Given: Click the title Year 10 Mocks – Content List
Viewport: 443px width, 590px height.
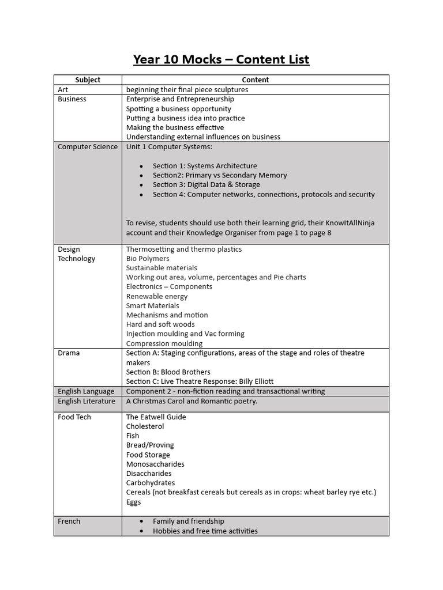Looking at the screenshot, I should click(x=221, y=59).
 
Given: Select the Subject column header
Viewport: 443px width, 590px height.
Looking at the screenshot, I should click(x=88, y=80).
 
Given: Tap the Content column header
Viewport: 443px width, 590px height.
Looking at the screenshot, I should click(x=255, y=80).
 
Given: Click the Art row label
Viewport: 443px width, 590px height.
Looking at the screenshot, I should click(x=63, y=89).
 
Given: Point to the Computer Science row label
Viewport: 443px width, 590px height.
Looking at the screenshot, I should click(x=87, y=146).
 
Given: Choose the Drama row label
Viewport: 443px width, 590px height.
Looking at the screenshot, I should click(x=69, y=353).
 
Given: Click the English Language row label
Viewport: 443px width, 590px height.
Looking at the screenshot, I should click(x=86, y=391).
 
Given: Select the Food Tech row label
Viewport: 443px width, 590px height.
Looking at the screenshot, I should click(x=74, y=417).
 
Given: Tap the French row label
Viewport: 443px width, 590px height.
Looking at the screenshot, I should click(x=69, y=521).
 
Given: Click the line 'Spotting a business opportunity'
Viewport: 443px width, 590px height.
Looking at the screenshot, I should click(x=178, y=108).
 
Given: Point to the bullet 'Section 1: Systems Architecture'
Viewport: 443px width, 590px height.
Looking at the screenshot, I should click(x=205, y=166).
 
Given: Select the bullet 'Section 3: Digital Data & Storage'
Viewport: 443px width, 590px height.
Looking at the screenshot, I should click(x=206, y=184).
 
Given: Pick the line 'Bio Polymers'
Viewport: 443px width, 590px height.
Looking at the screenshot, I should click(x=148, y=259).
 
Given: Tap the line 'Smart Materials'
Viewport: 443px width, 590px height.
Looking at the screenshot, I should click(x=152, y=305).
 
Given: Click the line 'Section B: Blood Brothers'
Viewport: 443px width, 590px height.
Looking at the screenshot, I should click(x=168, y=372).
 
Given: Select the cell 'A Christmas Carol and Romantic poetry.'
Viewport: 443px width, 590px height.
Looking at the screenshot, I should click(x=192, y=401).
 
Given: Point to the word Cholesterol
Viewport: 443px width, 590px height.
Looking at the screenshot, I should click(x=145, y=426).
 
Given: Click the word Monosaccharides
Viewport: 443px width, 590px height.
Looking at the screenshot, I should click(x=155, y=464).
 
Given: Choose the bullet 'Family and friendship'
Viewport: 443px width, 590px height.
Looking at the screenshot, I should click(x=188, y=521).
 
